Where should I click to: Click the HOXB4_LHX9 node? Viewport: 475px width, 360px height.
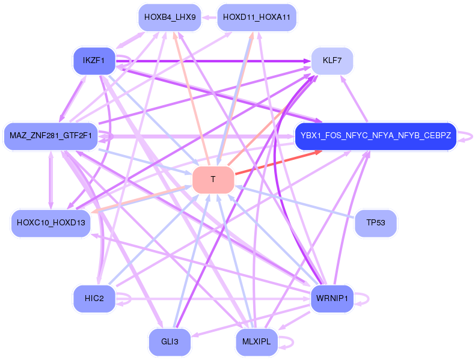[x=170, y=17]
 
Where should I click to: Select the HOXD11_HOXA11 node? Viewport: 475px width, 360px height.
[x=256, y=17]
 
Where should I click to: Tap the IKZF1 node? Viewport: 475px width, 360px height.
[x=94, y=61]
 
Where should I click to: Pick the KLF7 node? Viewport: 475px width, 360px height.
[x=331, y=61]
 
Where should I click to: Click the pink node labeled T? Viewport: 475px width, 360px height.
[x=213, y=180]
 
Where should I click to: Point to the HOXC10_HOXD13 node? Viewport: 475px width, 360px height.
[x=51, y=223]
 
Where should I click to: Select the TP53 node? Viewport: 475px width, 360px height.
[x=376, y=223]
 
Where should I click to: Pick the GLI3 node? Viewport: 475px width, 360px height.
[x=170, y=342]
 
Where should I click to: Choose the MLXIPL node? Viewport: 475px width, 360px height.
[x=256, y=342]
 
